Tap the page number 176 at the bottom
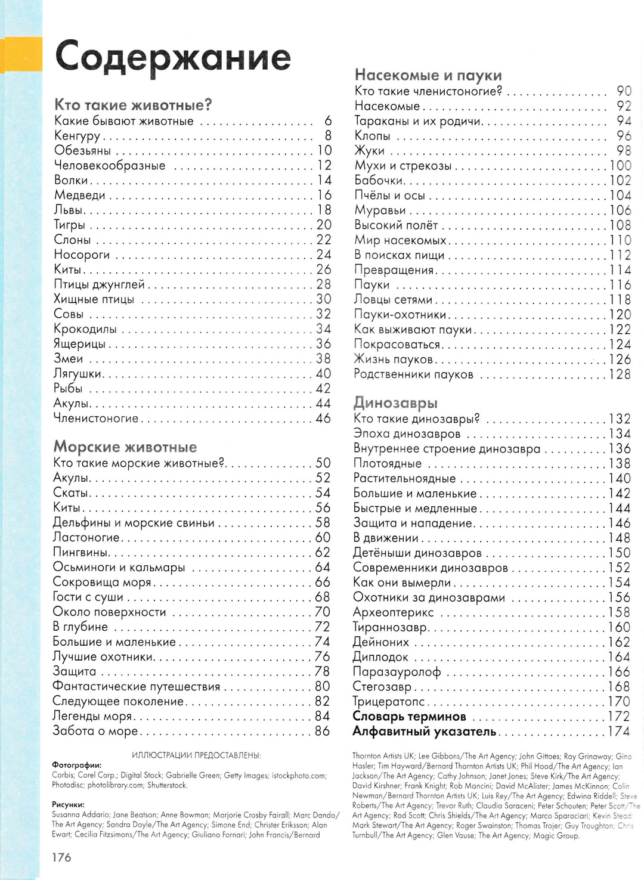[x=61, y=857]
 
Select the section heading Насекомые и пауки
[x=428, y=75]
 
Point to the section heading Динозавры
[x=395, y=403]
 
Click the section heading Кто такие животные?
[x=133, y=106]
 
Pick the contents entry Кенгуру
[x=77, y=136]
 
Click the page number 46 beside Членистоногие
[x=323, y=419]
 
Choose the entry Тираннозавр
[x=391, y=627]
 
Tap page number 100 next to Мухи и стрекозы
[x=620, y=166]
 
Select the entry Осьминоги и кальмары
[x=119, y=568]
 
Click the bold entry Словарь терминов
[x=409, y=717]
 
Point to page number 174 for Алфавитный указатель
[x=619, y=732]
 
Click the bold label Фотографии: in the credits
[x=76, y=766]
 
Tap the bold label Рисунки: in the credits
[x=68, y=804]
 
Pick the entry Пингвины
[x=80, y=553]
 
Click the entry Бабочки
[x=379, y=181]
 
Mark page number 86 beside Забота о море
[x=323, y=731]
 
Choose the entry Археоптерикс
[x=393, y=612]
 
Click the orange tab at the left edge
[x=21, y=54]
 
